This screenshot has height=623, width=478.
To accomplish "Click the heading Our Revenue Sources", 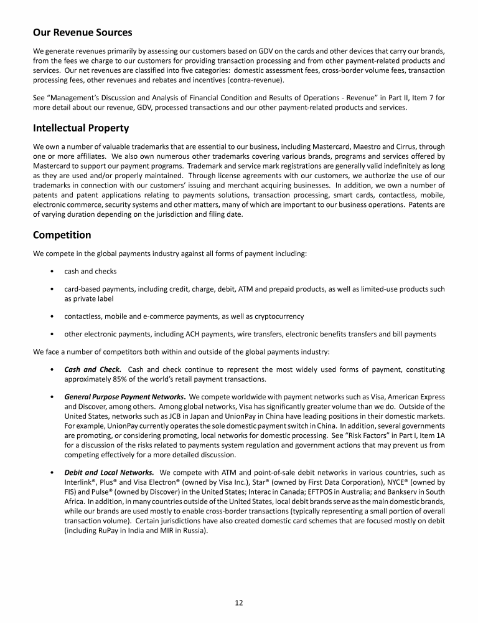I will (82, 32).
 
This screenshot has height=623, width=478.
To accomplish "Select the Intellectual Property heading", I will (81, 128).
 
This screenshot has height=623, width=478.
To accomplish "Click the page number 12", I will (238, 602).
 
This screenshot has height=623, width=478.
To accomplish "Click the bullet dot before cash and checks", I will (50, 271).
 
